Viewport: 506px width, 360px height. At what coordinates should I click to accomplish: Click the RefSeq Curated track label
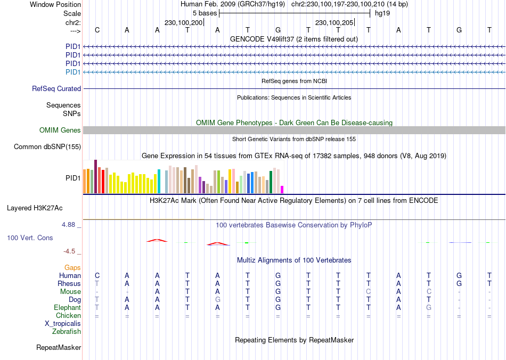pos(56,89)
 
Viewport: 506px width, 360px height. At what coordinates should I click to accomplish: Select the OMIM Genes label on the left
pos(60,130)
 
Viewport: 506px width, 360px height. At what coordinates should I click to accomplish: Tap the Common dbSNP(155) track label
pos(47,147)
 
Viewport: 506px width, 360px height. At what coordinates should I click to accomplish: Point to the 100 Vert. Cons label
pos(30,238)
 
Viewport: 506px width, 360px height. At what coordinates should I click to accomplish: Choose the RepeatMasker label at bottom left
pos(59,348)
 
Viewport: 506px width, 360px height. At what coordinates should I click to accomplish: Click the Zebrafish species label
pos(67,332)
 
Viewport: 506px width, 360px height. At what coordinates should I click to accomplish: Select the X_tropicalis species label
pos(63,324)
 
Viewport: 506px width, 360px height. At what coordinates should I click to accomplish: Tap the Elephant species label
pos(68,308)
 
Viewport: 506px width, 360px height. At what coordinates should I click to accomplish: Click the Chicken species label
pos(68,316)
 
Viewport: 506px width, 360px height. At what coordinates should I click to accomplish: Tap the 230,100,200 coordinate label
pos(184,23)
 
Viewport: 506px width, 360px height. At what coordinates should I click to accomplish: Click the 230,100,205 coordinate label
pos(334,23)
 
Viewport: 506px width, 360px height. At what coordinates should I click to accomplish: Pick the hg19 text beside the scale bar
pos(382,13)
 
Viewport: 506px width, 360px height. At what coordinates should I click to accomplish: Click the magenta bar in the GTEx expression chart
pos(282,190)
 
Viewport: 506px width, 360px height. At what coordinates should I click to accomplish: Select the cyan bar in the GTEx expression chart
pos(159,182)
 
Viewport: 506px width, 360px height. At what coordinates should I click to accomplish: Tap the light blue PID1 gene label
pos(73,72)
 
